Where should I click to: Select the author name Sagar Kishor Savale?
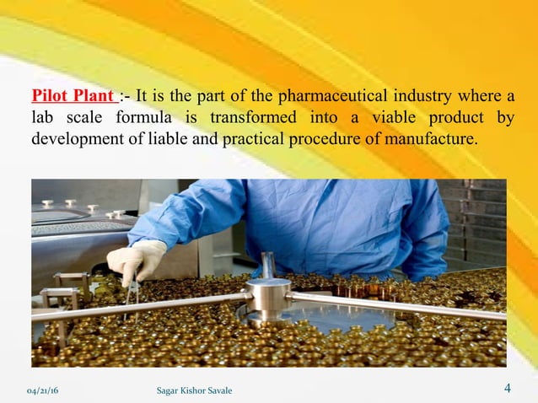195,390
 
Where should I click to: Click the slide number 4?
508,389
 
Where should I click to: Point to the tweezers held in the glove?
127,291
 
